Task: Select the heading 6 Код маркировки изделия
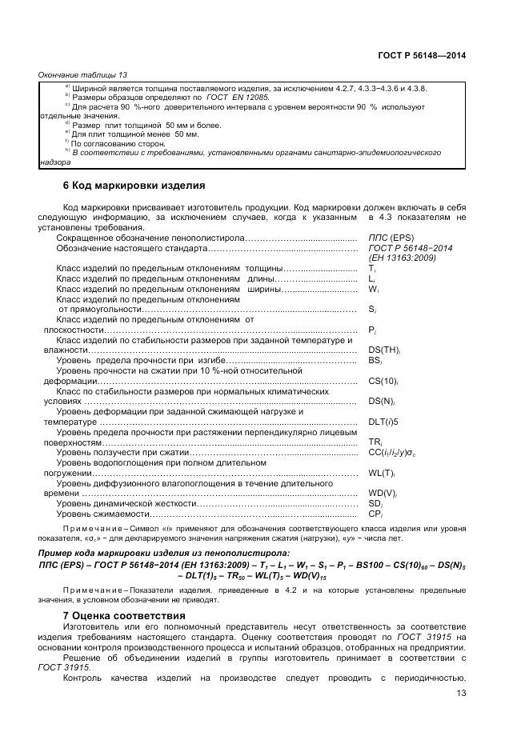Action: click(x=134, y=186)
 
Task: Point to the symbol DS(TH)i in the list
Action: click(x=383, y=350)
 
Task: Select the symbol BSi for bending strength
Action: click(x=375, y=361)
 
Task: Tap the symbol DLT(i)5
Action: click(x=383, y=422)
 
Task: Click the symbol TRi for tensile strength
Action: click(x=374, y=442)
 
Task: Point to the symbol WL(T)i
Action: click(x=382, y=473)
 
